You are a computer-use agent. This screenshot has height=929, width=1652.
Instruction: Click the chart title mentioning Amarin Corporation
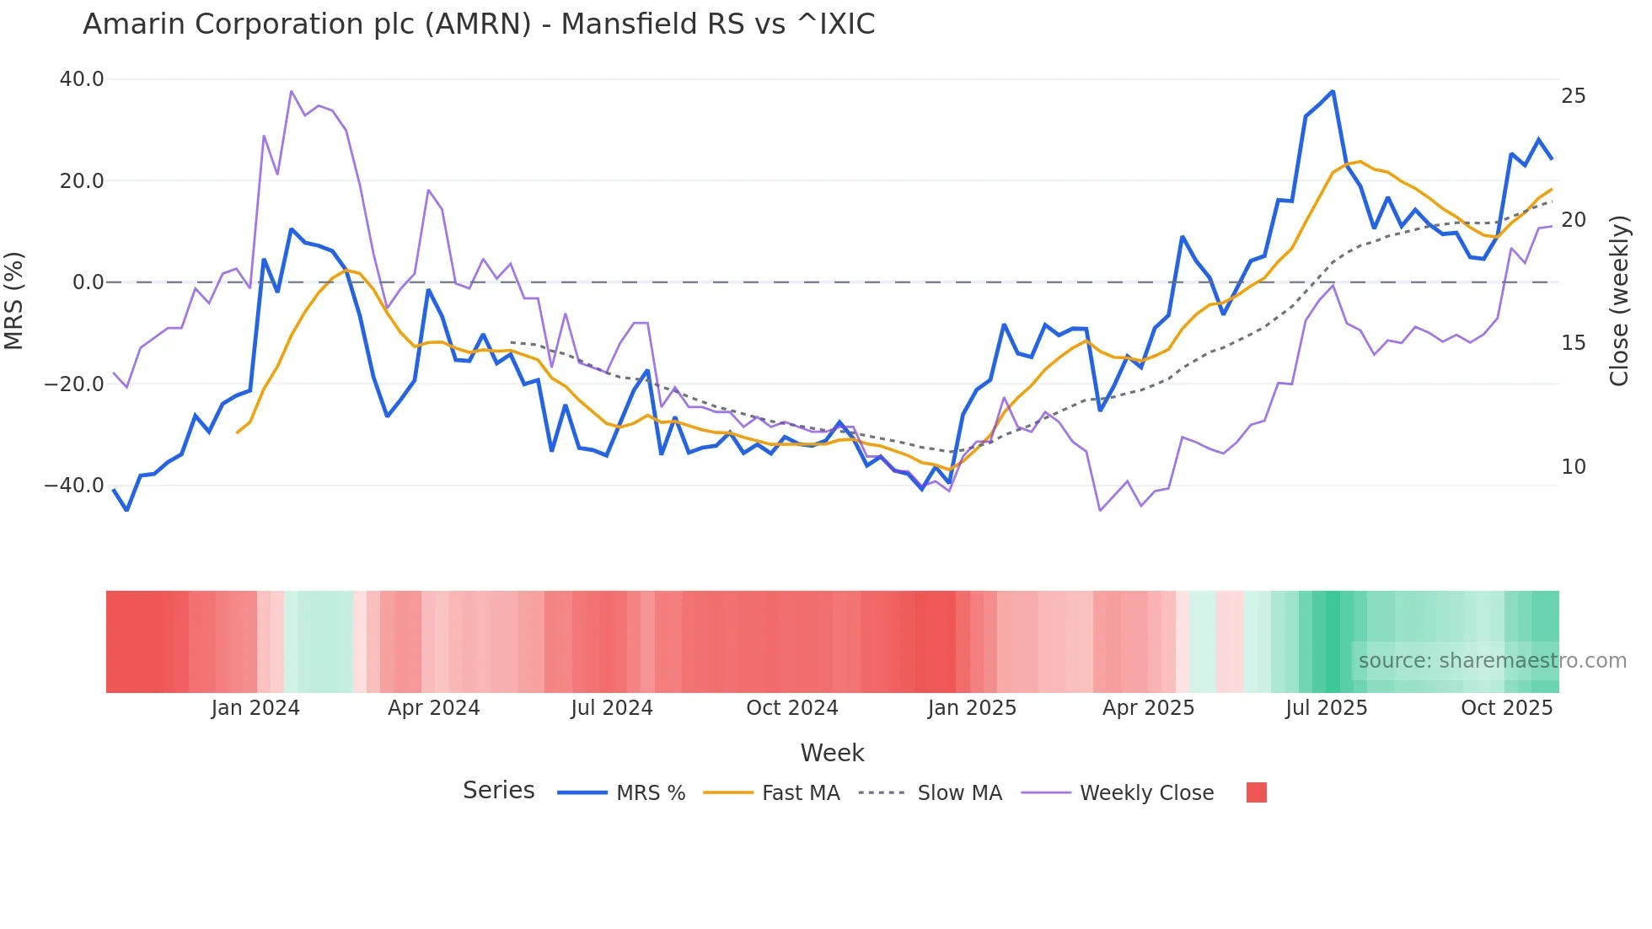pyautogui.click(x=479, y=24)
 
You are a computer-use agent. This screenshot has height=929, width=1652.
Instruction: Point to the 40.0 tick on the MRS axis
pyautogui.click(x=82, y=79)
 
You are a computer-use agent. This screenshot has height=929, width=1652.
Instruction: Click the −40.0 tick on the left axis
pyautogui.click(x=74, y=486)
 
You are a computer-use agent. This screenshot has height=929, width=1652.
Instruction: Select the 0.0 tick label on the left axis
pyautogui.click(x=88, y=282)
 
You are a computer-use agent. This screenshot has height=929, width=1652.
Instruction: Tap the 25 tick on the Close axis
pyautogui.click(x=1573, y=96)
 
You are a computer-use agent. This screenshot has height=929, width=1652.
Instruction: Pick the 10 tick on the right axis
pyautogui.click(x=1573, y=467)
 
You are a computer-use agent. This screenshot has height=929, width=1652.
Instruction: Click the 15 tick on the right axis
pyautogui.click(x=1573, y=343)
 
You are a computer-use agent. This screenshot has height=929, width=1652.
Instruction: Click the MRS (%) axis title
pyautogui.click(x=14, y=301)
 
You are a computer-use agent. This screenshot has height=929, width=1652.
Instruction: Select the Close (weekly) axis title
pyautogui.click(x=1618, y=301)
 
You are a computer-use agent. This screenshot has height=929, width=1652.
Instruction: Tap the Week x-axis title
pyautogui.click(x=832, y=753)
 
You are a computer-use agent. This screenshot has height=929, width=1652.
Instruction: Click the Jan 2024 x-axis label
pyautogui.click(x=255, y=708)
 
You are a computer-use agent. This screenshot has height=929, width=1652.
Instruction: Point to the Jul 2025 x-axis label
pyautogui.click(x=1326, y=708)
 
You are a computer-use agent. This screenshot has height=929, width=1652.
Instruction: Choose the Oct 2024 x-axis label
pyautogui.click(x=792, y=708)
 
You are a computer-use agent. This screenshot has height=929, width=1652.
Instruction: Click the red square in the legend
pyautogui.click(x=1256, y=792)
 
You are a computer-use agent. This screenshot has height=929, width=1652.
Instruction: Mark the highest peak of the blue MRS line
pyautogui.click(x=1333, y=91)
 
